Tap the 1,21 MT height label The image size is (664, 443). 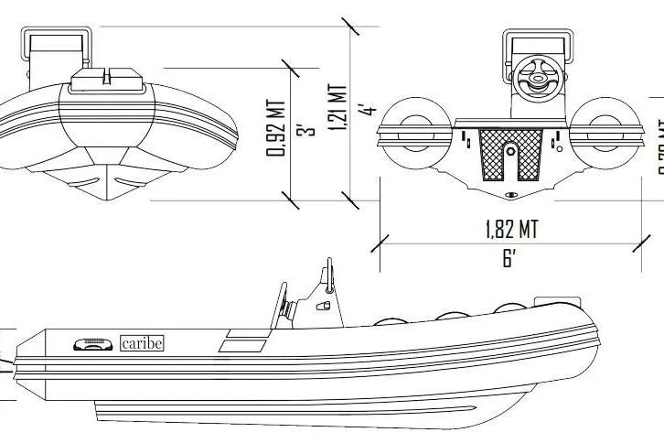pos(338,110)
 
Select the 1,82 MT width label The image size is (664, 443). pos(511,229)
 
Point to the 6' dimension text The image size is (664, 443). pos(509,258)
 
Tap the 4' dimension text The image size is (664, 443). pos(369,110)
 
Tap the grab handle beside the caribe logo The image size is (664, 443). pos(92,344)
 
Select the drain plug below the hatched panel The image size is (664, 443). pos(509,195)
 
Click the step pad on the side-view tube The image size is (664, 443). pos(241,344)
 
